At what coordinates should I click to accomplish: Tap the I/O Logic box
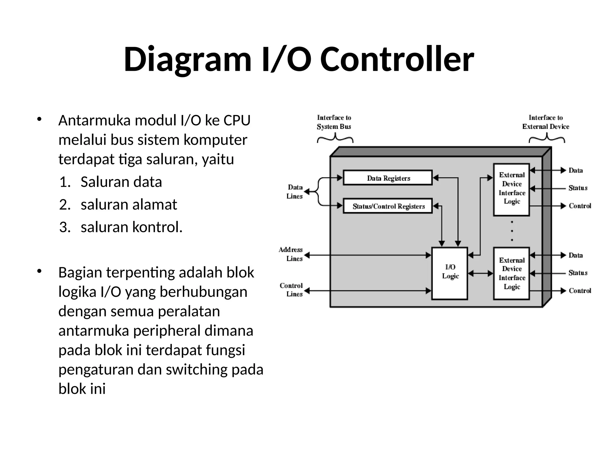(x=450, y=273)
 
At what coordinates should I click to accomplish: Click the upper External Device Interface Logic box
(x=512, y=190)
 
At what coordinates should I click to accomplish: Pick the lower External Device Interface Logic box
(x=512, y=273)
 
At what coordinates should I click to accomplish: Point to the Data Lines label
(x=295, y=192)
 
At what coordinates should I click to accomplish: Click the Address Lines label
(x=291, y=254)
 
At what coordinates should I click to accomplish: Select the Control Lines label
(x=291, y=290)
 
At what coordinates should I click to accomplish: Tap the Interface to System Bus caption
(x=334, y=122)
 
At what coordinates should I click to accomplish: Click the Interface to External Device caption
(x=546, y=122)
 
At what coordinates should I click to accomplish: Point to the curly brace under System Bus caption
(x=335, y=138)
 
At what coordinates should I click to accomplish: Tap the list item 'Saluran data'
(x=121, y=182)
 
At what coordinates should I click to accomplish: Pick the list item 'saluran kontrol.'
(x=132, y=227)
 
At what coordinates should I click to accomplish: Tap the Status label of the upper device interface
(x=578, y=188)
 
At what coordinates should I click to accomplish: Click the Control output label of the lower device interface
(x=580, y=291)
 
